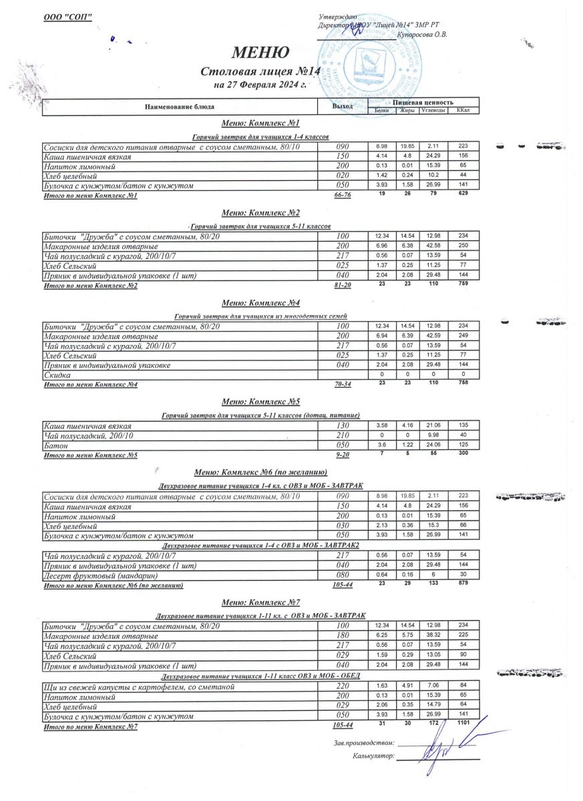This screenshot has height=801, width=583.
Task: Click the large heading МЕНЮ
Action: tap(260, 53)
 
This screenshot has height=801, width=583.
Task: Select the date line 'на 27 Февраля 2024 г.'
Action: tap(260, 85)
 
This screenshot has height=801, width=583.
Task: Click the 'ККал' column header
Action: tap(462, 110)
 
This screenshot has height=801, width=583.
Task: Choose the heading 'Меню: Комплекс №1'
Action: tap(260, 123)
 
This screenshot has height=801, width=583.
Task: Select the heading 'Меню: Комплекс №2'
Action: tap(260, 213)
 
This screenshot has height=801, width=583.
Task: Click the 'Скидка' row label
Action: tap(57, 376)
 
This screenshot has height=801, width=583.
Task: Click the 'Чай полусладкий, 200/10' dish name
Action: tap(89, 435)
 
